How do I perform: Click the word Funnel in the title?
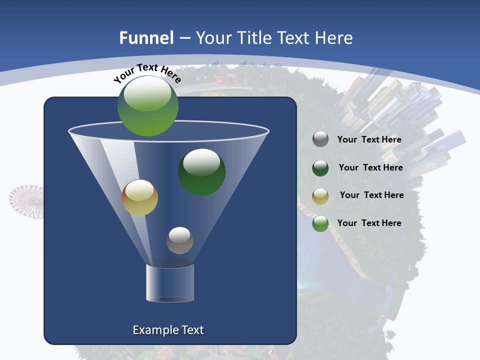(146, 38)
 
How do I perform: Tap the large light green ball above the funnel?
(148, 106)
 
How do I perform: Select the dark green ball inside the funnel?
(202, 171)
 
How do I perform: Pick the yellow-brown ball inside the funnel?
(139, 197)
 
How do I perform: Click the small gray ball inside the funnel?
(179, 240)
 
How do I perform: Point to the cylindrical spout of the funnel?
(170, 283)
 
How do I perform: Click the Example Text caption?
(168, 330)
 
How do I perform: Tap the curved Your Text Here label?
(147, 72)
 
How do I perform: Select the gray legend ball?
(320, 139)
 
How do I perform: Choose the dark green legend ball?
(320, 168)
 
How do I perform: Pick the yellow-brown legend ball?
(320, 195)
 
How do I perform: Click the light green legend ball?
(320, 223)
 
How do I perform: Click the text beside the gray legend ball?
(369, 140)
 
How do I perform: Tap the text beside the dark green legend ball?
(370, 168)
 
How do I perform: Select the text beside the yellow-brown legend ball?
(371, 195)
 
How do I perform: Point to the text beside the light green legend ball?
(369, 223)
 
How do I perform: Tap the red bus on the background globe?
(225, 79)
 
